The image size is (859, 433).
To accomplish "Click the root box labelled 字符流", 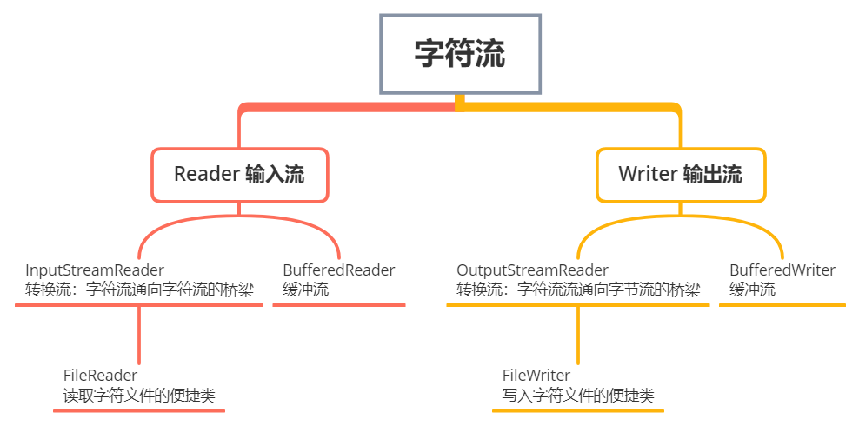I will tap(460, 55).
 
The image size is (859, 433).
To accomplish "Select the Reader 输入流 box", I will tap(239, 174).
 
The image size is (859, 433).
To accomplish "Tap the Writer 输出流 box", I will tap(680, 174).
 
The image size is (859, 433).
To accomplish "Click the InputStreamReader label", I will tap(95, 270).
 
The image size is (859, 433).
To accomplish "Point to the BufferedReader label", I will tap(338, 270).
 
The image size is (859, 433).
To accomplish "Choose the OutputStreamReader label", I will tap(532, 270).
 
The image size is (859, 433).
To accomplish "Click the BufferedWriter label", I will tap(782, 270).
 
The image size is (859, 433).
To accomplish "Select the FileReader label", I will tap(101, 376).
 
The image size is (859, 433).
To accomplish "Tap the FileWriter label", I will tap(536, 376).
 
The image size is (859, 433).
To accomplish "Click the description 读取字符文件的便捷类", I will tap(139, 396).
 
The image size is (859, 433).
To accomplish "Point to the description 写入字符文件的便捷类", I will tap(578, 396).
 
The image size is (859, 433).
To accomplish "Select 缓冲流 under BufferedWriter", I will tap(753, 290).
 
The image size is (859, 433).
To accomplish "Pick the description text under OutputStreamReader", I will tap(578, 290).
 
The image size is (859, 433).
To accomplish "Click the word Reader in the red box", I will tap(206, 174).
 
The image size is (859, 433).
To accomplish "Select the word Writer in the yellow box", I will tap(648, 174).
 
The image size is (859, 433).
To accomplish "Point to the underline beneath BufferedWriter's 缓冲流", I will tap(782, 305).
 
